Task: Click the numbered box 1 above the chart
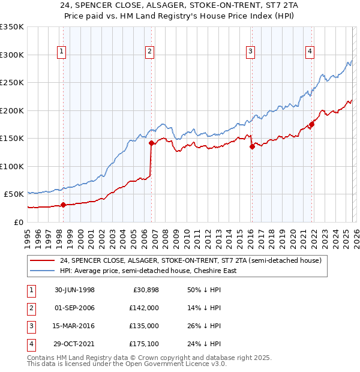(x=63, y=52)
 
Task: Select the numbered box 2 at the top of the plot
(x=149, y=52)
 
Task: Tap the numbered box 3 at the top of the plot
(x=250, y=52)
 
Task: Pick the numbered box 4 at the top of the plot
(x=310, y=52)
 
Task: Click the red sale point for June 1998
(x=64, y=205)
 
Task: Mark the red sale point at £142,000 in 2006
(x=151, y=143)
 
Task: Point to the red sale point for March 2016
(x=252, y=146)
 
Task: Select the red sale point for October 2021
(x=311, y=124)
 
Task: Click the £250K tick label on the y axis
(x=12, y=83)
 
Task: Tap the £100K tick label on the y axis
(x=12, y=166)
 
